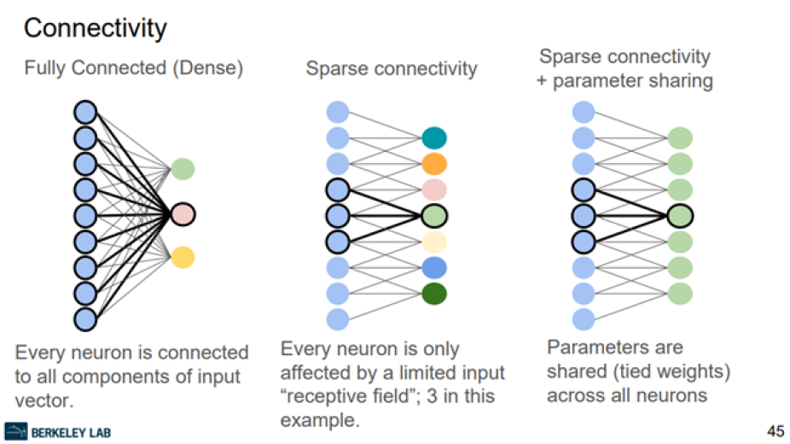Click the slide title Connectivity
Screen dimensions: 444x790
coord(95,28)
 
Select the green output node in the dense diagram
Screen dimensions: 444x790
coord(183,168)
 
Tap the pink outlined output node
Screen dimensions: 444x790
coord(183,213)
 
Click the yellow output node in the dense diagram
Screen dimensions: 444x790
coord(183,256)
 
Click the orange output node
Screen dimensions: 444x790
coord(434,164)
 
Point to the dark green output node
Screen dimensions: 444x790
coord(434,294)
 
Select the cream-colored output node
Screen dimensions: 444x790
coord(434,242)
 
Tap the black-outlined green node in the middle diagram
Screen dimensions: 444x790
coord(434,215)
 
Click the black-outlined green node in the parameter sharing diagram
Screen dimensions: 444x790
coord(680,215)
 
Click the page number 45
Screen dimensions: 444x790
coord(775,430)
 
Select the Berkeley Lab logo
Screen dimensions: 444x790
coord(57,431)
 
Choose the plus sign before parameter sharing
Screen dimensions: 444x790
coord(545,81)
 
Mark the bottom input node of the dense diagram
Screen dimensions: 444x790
coord(85,319)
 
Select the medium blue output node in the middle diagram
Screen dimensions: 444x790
coord(434,267)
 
